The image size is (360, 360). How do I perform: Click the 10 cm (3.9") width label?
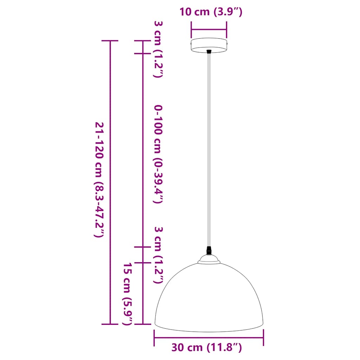(x=211, y=12)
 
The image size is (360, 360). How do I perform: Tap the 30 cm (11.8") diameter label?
(x=207, y=348)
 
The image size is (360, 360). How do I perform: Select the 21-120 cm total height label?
(x=99, y=180)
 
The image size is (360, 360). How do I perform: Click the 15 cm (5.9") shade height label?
(x=128, y=294)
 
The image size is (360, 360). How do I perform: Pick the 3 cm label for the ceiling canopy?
(x=158, y=49)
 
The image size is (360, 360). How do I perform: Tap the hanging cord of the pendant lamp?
(x=209, y=148)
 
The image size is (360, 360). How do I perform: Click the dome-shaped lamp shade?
(x=209, y=299)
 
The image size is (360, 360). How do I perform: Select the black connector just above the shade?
(x=209, y=250)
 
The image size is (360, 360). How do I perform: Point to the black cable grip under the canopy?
(x=209, y=52)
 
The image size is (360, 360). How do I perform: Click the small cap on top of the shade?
(x=209, y=259)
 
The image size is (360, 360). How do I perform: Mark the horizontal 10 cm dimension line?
(x=209, y=30)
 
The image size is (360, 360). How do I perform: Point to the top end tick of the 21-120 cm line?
(x=110, y=41)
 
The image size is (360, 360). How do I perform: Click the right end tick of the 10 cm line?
(x=226, y=30)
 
